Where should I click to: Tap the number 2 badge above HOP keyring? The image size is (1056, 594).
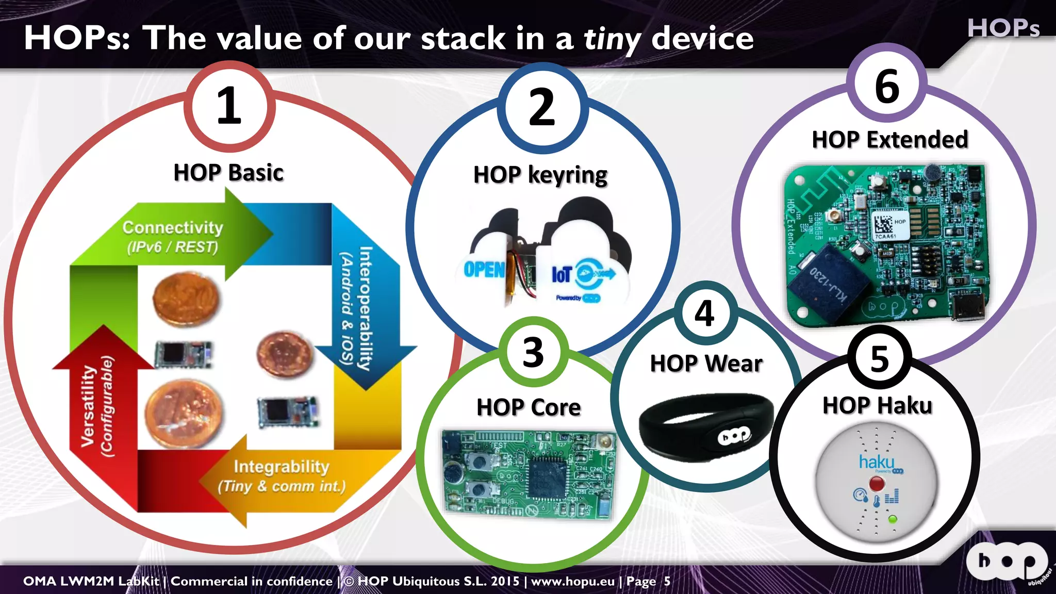coord(542,108)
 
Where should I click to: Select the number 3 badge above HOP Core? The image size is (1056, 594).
coord(533,353)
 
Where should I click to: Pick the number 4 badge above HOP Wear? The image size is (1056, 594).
coord(705,313)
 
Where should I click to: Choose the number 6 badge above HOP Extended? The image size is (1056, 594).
coord(887,86)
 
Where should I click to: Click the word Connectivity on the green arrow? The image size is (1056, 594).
coord(173,227)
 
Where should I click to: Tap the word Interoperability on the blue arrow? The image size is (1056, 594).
coord(365,308)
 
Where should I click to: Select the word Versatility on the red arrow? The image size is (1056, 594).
coord(88,406)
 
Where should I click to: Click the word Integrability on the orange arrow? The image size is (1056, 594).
coord(282,467)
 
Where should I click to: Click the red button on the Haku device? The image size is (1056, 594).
coord(877,484)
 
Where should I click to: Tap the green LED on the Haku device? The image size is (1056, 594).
coord(893,519)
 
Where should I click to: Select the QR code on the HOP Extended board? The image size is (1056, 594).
coord(883,224)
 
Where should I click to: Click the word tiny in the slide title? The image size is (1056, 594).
coord(612,39)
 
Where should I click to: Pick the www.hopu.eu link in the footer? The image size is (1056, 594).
coord(573,582)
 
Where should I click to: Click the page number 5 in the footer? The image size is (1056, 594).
coord(667,582)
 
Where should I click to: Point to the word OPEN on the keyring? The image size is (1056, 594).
coord(484,270)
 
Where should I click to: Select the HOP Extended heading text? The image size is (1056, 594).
coord(890,140)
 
